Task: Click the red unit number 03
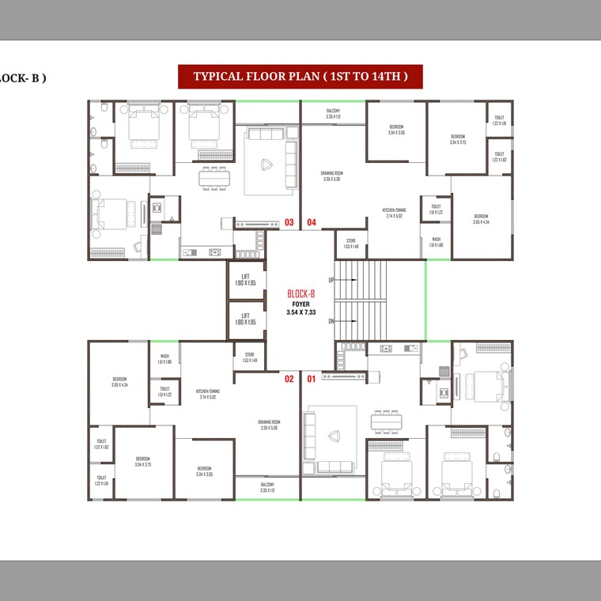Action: click(289, 223)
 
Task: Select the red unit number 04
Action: click(312, 223)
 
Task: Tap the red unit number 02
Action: click(289, 380)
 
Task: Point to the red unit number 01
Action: click(311, 380)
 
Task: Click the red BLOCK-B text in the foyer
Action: click(300, 293)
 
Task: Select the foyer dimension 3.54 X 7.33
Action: click(300, 312)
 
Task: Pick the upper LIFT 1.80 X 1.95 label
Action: click(245, 279)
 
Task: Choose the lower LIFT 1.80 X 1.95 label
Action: click(245, 319)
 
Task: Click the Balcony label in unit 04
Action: click(333, 114)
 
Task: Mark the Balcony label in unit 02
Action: click(267, 487)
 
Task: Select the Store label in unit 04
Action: click(351, 244)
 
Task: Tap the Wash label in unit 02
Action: click(164, 359)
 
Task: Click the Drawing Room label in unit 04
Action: click(331, 176)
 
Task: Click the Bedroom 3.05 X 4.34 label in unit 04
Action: click(481, 218)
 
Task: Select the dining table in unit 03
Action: click(216, 178)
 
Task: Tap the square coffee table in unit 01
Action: click(334, 434)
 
